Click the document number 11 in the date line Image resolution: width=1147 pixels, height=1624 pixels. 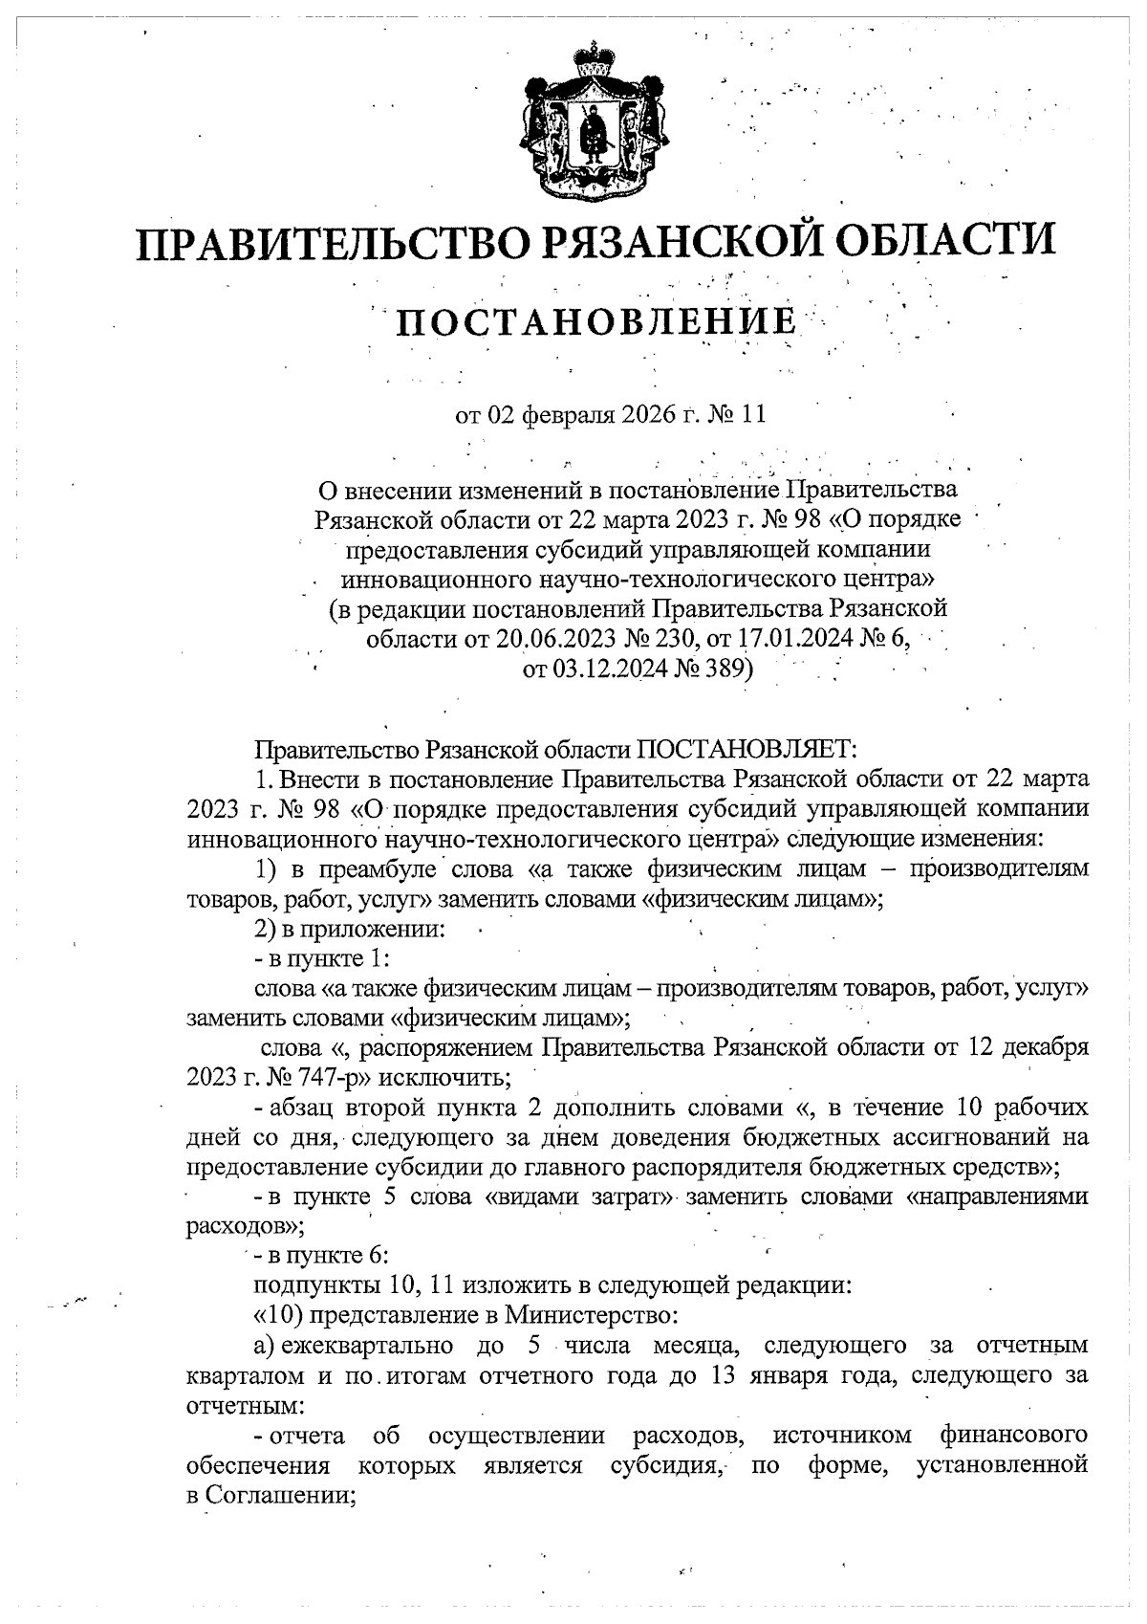pyautogui.click(x=753, y=415)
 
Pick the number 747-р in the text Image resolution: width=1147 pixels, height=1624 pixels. pyautogui.click(x=335, y=1078)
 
